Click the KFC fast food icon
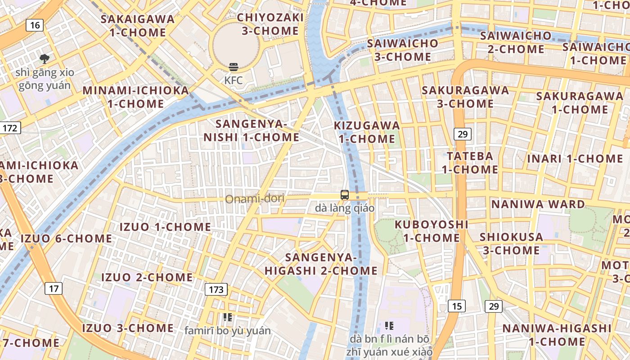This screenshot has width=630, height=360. pos(234,67)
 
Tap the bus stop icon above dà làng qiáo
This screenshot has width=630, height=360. pos(345,195)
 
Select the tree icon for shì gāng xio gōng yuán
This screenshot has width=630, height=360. pos(45,58)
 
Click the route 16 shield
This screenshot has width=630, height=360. pos(35,25)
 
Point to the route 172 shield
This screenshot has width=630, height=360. pos(9,128)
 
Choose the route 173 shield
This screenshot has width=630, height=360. pos(216,289)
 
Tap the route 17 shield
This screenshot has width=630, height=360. pos(53,288)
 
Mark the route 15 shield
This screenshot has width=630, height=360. pos(457,306)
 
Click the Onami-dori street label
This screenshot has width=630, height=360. pos(255,198)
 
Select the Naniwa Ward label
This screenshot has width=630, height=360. pos(538,204)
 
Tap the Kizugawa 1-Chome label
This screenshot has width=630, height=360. pos(367,132)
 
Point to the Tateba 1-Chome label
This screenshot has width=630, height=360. pos(470,163)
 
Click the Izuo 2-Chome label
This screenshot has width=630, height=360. pos(147,277)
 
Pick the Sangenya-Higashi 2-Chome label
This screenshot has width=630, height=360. pos(321,264)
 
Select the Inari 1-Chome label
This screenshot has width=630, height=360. pos(575,159)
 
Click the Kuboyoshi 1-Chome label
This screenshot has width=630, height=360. pos(431,231)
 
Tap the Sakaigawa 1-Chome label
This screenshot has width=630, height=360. pos(137,26)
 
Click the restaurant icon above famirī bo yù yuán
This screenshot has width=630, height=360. pos(228,317)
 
